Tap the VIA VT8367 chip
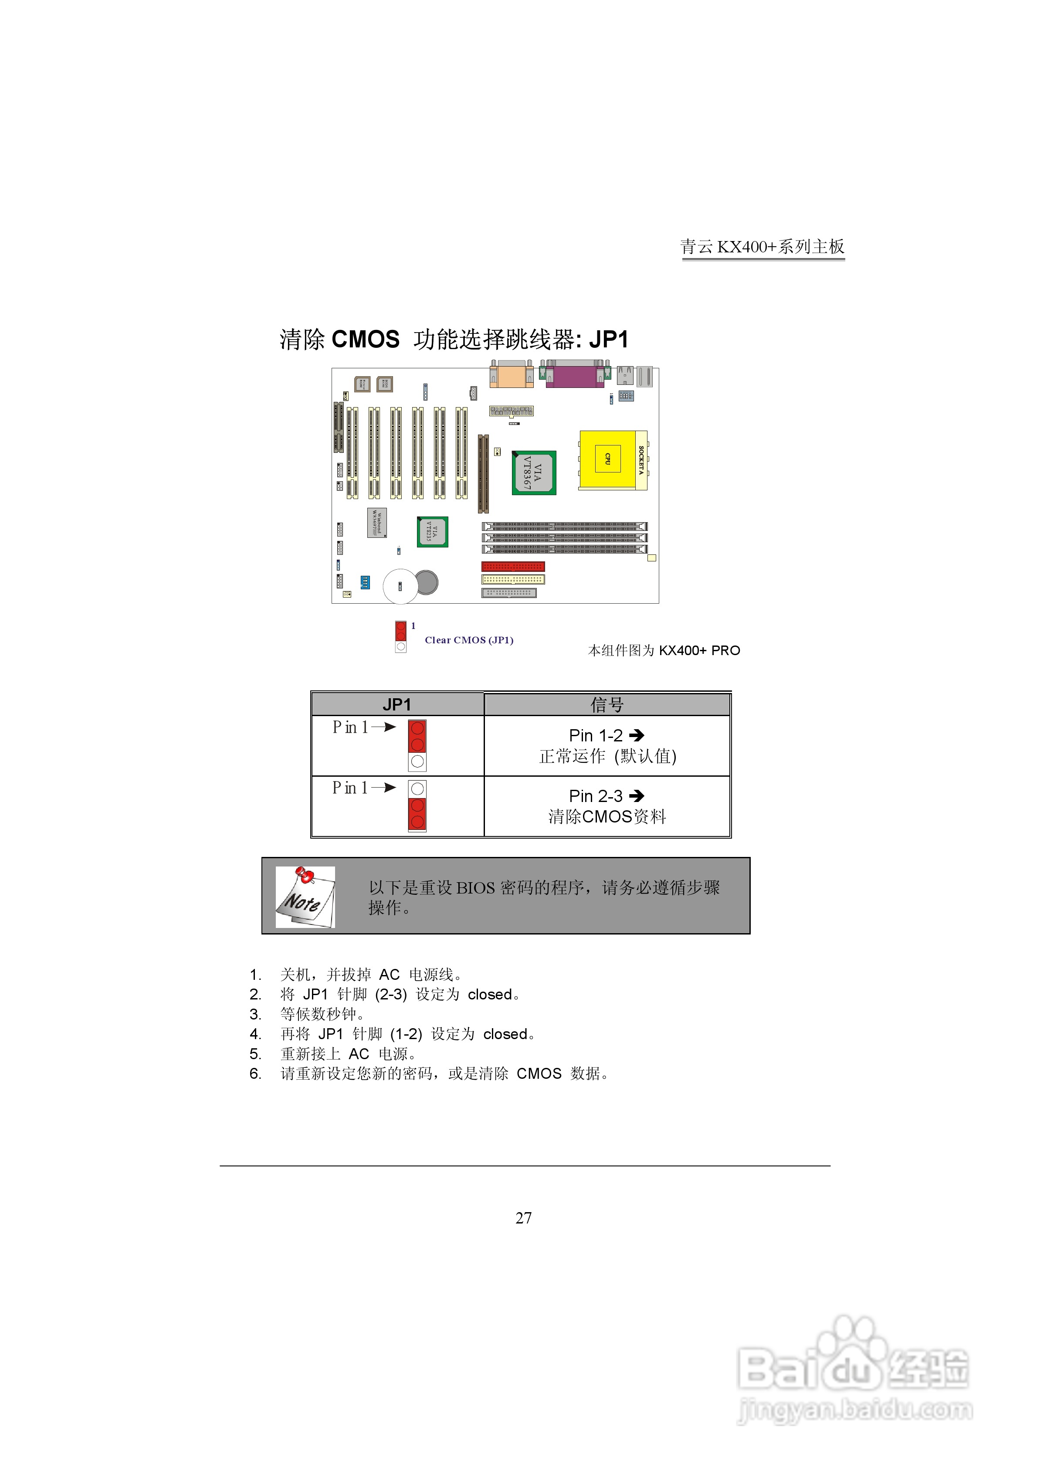534,473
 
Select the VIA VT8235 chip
432,532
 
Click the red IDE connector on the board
513,567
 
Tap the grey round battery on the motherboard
427,582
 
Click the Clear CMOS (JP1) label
469,640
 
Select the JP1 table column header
397,705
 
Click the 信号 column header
607,705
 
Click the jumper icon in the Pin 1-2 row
417,745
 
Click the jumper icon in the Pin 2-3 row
417,805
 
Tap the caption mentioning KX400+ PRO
664,650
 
